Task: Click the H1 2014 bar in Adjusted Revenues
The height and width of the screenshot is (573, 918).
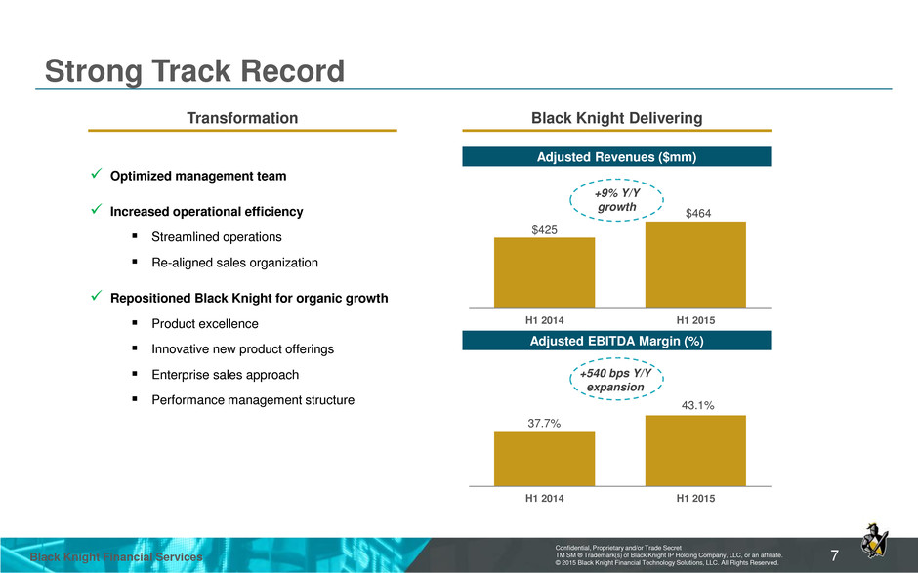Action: click(x=545, y=272)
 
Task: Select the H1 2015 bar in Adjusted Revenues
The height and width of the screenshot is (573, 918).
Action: click(x=695, y=265)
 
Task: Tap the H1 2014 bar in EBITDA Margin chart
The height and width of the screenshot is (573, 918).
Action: click(x=545, y=459)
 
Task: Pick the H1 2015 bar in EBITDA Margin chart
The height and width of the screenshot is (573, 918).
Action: click(x=695, y=451)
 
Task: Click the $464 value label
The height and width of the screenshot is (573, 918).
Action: click(x=698, y=213)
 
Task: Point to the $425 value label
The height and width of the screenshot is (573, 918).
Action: click(x=545, y=230)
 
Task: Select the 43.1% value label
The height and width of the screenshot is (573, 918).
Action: click(x=698, y=405)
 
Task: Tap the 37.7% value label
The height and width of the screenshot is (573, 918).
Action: click(x=544, y=423)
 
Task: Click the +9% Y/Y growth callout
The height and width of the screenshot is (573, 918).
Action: click(x=616, y=199)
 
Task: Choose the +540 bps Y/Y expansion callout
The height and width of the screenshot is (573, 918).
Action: click(x=616, y=380)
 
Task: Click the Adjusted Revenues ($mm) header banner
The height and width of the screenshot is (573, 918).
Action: click(x=616, y=157)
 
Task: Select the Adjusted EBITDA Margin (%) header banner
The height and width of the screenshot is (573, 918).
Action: click(x=616, y=341)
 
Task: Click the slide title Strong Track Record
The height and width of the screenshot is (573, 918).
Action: click(x=194, y=71)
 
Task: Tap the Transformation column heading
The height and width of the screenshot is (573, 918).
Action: click(x=242, y=118)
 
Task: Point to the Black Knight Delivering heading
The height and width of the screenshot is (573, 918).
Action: click(x=616, y=118)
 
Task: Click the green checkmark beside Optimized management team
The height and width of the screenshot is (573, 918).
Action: click(x=97, y=174)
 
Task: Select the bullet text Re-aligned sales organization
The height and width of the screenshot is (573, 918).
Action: click(x=234, y=263)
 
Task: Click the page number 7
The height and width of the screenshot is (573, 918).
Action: click(x=834, y=555)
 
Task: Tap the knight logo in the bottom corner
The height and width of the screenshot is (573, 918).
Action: click(x=874, y=541)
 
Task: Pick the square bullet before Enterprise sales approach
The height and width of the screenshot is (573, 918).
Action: click(x=135, y=374)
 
